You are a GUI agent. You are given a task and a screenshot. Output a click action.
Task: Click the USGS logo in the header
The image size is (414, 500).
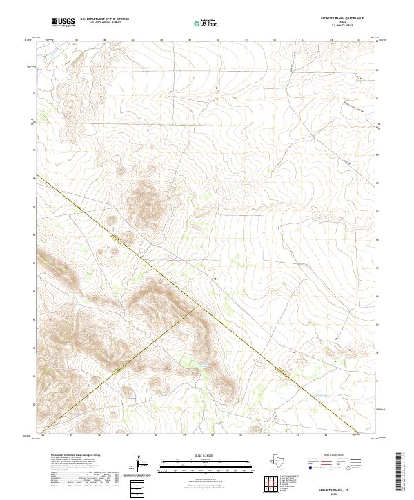[x=63, y=22]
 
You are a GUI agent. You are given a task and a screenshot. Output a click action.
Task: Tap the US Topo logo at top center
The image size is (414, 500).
[x=200, y=23]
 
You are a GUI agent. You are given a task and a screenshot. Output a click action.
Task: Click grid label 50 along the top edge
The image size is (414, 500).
[x=218, y=40]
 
